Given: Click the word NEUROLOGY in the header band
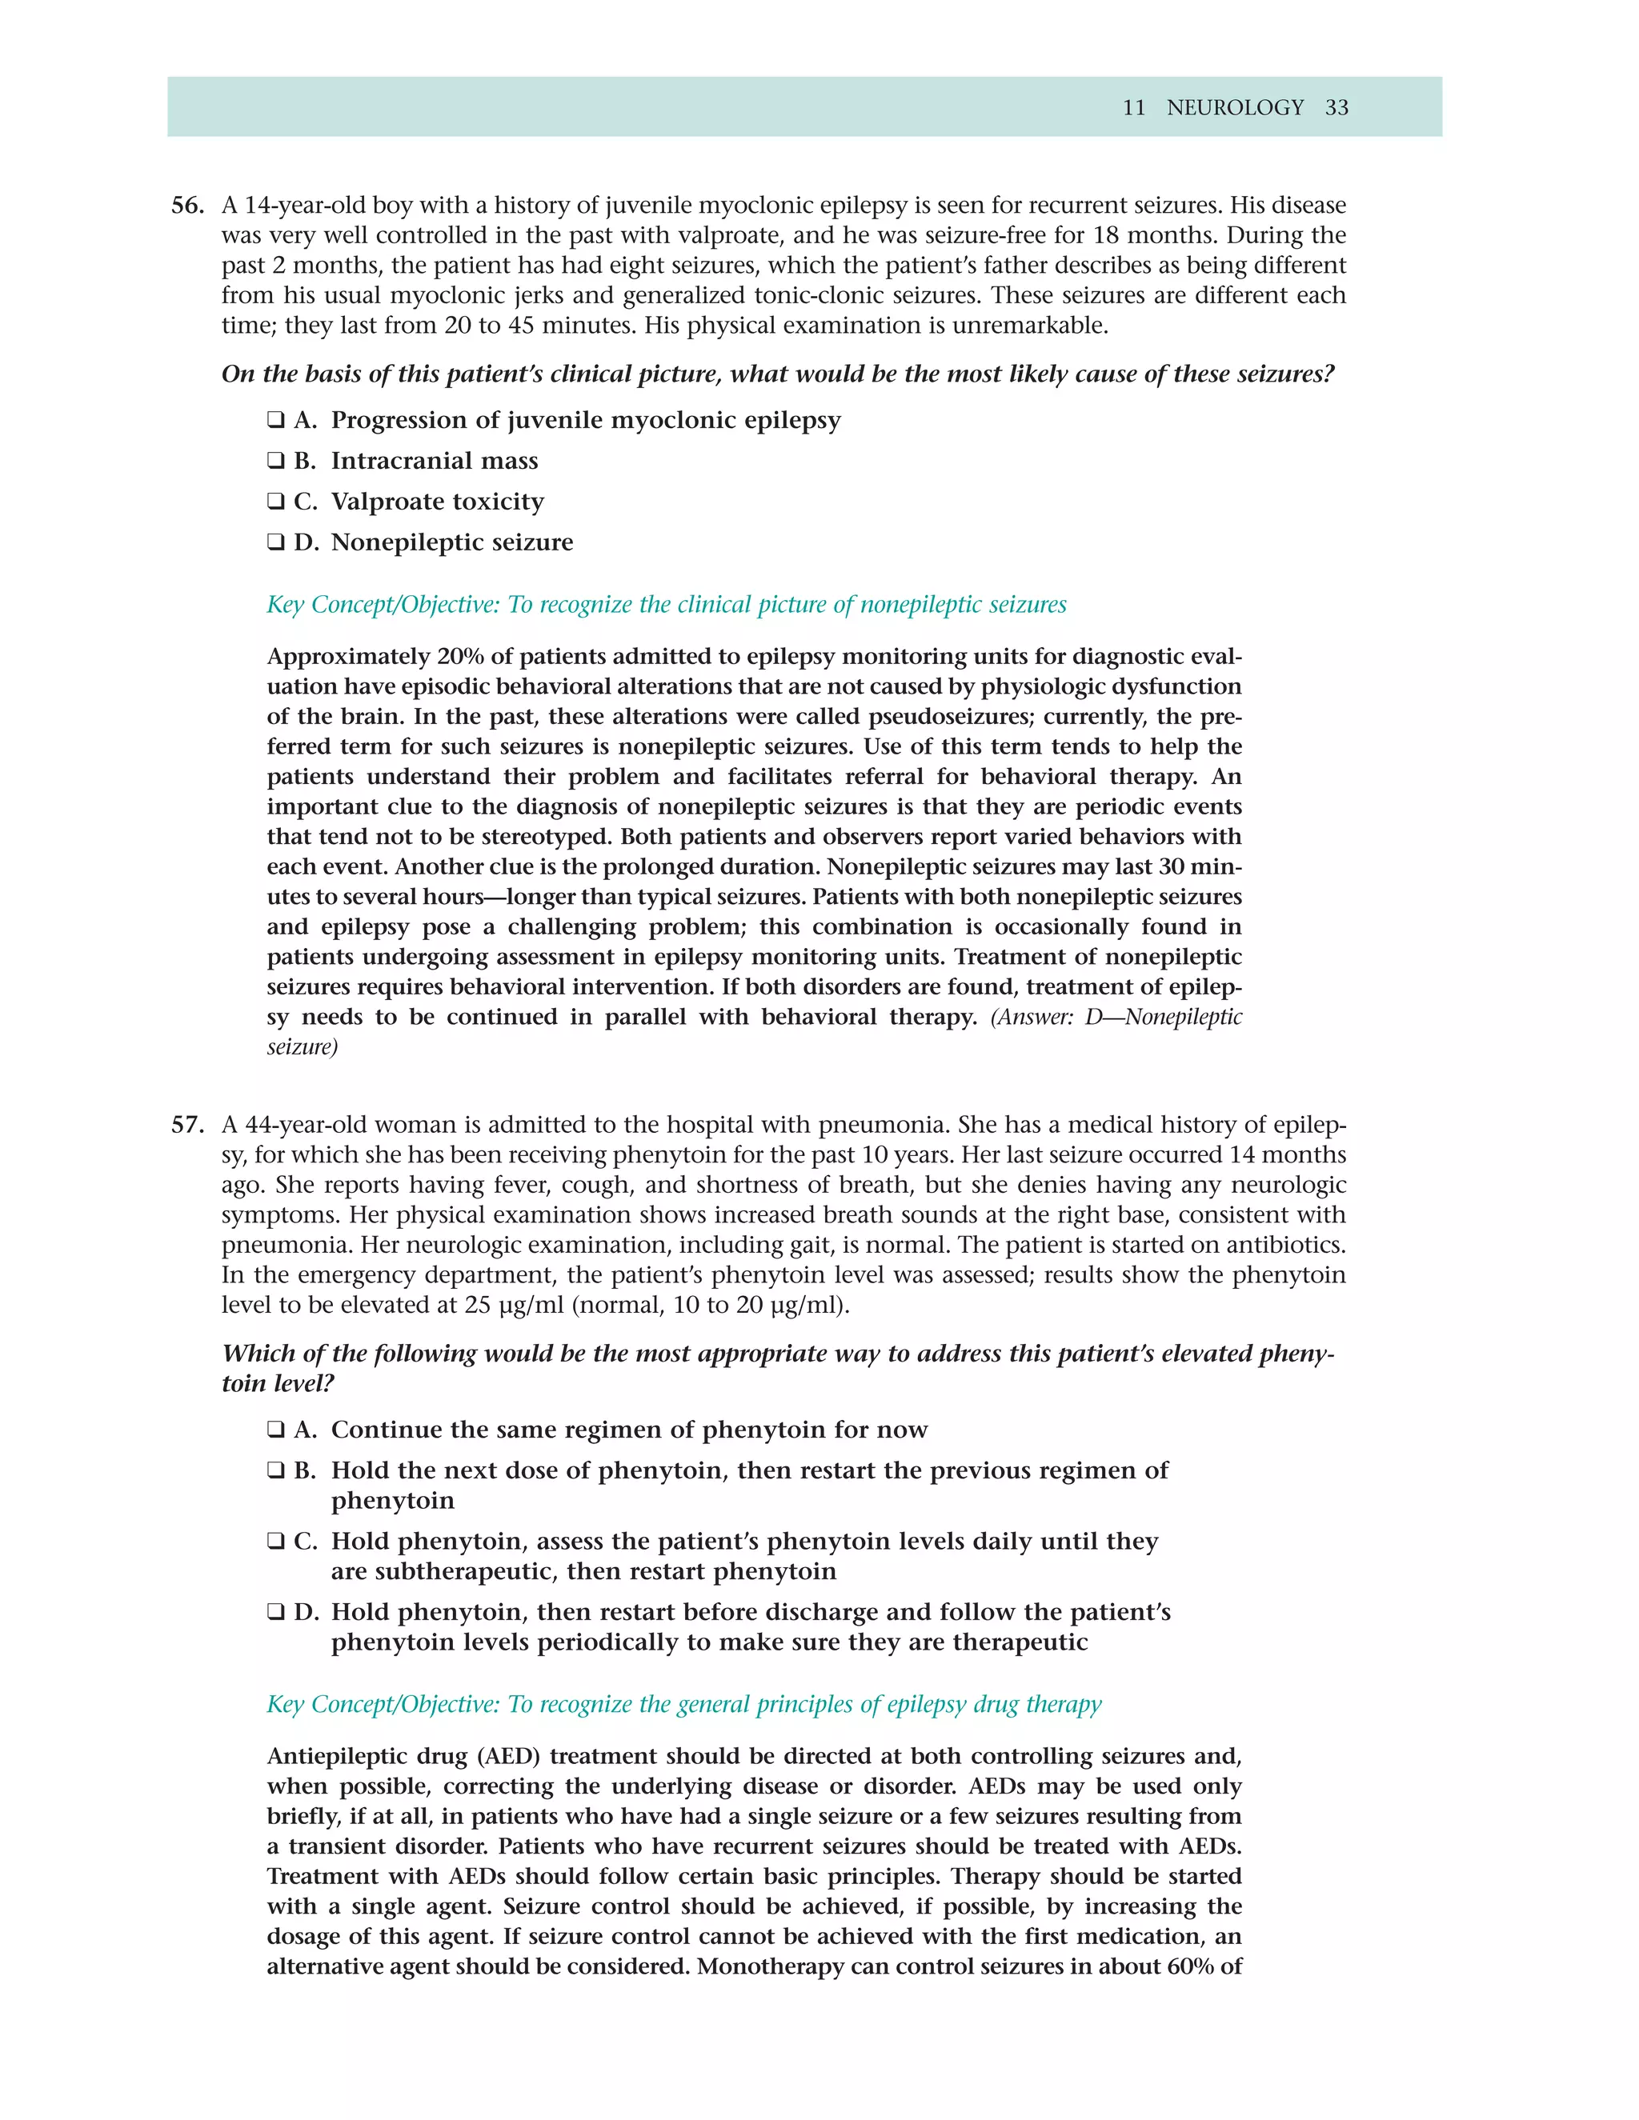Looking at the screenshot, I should click(x=1234, y=108).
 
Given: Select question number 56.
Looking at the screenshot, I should click(x=187, y=206).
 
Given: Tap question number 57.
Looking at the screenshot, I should click(x=187, y=1125).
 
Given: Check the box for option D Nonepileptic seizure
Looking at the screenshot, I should click(x=276, y=542).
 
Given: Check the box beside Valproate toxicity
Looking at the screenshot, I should click(x=276, y=502).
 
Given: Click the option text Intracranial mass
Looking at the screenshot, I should click(x=434, y=461).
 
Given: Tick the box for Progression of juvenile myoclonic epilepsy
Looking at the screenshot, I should click(x=276, y=420).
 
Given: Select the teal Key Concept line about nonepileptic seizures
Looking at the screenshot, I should click(x=666, y=605).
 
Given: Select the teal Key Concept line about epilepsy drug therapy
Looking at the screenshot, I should click(x=683, y=1705).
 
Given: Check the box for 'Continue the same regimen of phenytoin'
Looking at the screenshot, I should click(x=276, y=1430).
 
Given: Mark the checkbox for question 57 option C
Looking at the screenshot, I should click(x=276, y=1542).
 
